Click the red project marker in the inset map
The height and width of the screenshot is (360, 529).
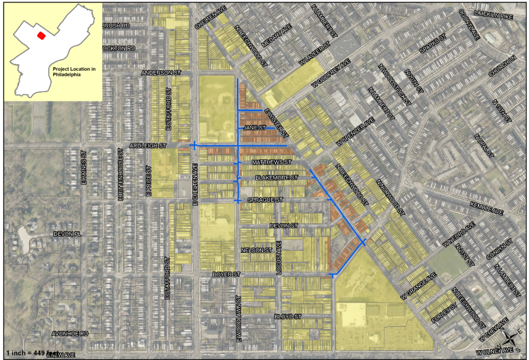[41, 35]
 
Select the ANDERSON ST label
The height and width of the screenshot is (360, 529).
[161, 72]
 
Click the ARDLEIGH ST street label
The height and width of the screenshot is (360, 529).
[149, 146]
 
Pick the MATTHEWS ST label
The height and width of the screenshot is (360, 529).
[272, 162]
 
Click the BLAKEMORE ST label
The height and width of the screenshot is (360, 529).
[275, 178]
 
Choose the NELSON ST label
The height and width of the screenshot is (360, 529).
[256, 251]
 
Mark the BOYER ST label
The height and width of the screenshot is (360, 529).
[227, 274]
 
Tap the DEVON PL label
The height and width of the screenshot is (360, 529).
[66, 234]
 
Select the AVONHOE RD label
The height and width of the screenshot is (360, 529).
[70, 334]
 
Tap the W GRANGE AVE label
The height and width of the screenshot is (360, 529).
[418, 286]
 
